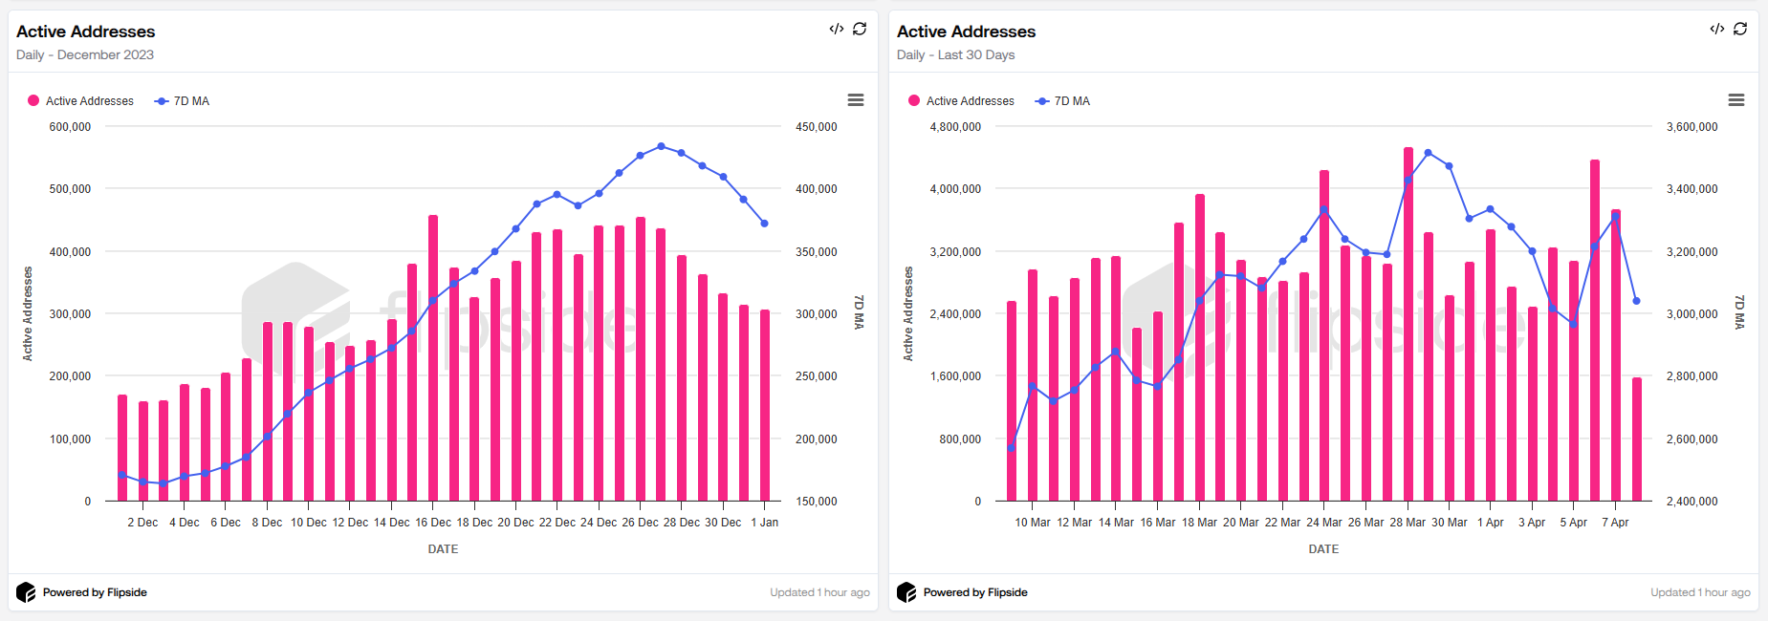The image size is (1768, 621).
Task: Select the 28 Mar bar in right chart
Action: [x=1408, y=325]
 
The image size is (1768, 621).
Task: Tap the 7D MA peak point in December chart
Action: [x=661, y=146]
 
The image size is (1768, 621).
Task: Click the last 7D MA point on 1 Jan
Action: [x=764, y=224]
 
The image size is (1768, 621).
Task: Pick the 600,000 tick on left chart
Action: [x=70, y=127]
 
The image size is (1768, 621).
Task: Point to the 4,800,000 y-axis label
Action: [x=954, y=127]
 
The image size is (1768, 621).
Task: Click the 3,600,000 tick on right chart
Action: [x=1692, y=127]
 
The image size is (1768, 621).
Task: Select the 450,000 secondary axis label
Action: [x=816, y=127]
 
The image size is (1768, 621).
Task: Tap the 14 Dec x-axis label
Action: [x=391, y=523]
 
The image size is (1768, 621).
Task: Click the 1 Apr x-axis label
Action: [x=1490, y=523]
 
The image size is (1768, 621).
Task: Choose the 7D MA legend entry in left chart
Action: [x=183, y=101]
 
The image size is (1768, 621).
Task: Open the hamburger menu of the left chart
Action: [x=856, y=100]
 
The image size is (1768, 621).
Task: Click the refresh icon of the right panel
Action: [x=1740, y=29]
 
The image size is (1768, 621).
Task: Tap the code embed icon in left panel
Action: [x=836, y=29]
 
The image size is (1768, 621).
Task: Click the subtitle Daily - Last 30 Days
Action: [x=955, y=54]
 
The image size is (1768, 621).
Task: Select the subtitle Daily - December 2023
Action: [x=84, y=54]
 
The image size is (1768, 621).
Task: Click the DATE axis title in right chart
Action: [x=1323, y=549]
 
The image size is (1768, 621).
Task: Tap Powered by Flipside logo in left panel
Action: [x=26, y=592]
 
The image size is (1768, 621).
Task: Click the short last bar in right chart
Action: [x=1636, y=439]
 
